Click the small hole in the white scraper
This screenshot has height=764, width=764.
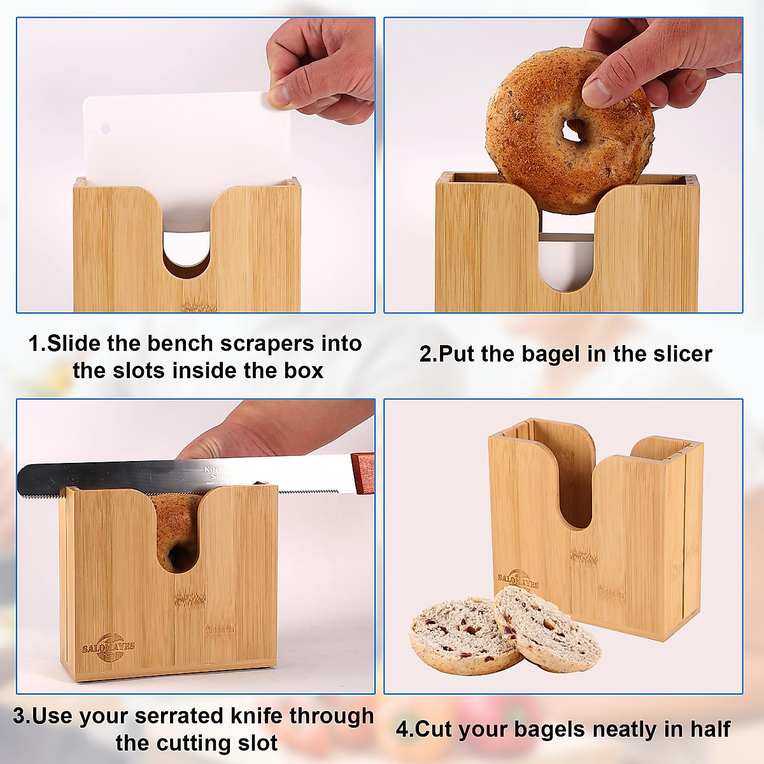pyautogui.click(x=106, y=129)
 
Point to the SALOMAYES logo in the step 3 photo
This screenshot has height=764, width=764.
pyautogui.click(x=108, y=647)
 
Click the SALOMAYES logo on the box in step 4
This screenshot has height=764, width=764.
pyautogui.click(x=518, y=579)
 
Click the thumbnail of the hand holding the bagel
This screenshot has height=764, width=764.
pyautogui.click(x=563, y=165)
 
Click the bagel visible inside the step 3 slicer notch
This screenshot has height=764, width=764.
pyautogui.click(x=175, y=532)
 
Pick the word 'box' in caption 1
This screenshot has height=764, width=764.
pyautogui.click(x=304, y=371)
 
